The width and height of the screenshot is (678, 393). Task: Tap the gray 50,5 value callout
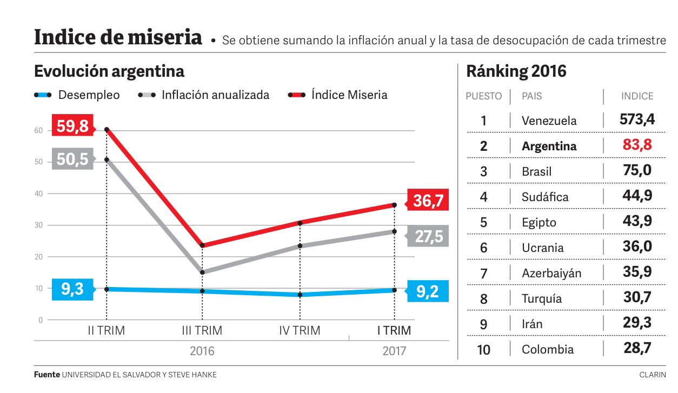click(72, 159)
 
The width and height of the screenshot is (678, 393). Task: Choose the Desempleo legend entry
click(77, 95)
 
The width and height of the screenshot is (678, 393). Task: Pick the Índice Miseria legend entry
click(338, 95)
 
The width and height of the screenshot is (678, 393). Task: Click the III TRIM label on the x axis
click(202, 330)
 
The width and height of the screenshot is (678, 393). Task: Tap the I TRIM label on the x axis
click(394, 330)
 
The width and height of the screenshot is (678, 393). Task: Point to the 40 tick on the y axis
click(39, 194)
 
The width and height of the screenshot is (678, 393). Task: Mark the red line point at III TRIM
click(202, 245)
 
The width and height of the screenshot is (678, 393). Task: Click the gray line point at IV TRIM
click(300, 246)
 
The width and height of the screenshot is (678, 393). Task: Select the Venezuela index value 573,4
click(637, 119)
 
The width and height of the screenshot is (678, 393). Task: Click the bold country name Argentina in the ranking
click(549, 146)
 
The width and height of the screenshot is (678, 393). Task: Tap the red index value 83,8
click(637, 145)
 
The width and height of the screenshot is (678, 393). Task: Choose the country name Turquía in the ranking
click(541, 298)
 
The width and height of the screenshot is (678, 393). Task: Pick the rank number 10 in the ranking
click(483, 350)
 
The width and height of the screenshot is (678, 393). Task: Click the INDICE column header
click(637, 96)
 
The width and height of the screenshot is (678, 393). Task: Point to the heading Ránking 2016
click(516, 71)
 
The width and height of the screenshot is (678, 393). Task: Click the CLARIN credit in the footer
click(652, 375)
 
